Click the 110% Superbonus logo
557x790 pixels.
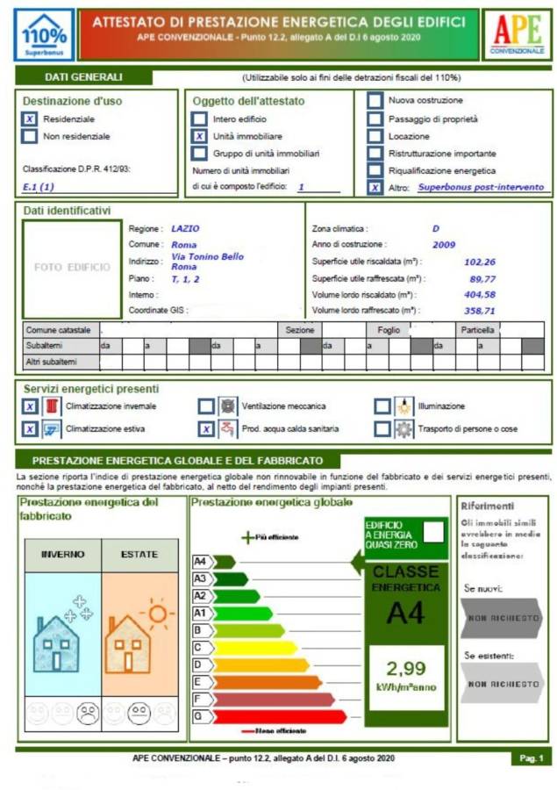tap(44, 35)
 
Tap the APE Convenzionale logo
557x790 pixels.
tap(517, 34)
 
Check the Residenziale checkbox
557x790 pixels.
tap(30, 118)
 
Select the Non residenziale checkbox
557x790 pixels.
tap(30, 136)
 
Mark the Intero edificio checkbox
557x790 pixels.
tap(200, 118)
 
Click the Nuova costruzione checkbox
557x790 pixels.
tap(375, 100)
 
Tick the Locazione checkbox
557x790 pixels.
tap(375, 136)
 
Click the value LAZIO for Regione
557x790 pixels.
tap(185, 228)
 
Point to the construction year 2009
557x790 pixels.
tap(444, 244)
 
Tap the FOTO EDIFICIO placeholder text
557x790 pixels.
tap(73, 267)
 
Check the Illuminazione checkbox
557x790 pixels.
tap(382, 406)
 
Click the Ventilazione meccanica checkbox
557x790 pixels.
tap(205, 406)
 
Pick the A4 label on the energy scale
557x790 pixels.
tap(200, 561)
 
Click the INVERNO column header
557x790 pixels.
tap(63, 555)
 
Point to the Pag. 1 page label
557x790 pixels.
tap(532, 758)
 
